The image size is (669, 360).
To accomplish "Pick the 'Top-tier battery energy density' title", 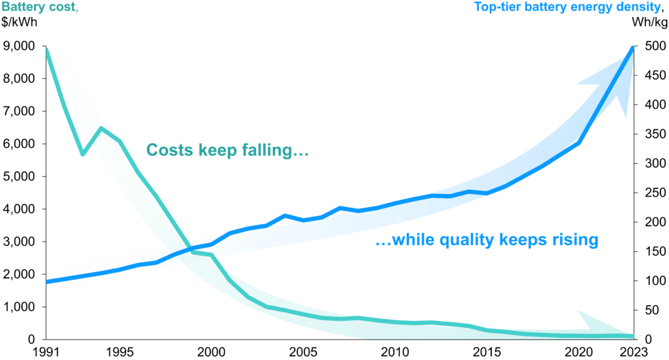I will click(x=559, y=8).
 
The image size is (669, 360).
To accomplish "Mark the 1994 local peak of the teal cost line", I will click(x=101, y=128).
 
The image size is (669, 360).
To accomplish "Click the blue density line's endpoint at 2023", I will click(x=632, y=47).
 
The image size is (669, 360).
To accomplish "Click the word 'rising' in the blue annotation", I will click(x=574, y=240).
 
